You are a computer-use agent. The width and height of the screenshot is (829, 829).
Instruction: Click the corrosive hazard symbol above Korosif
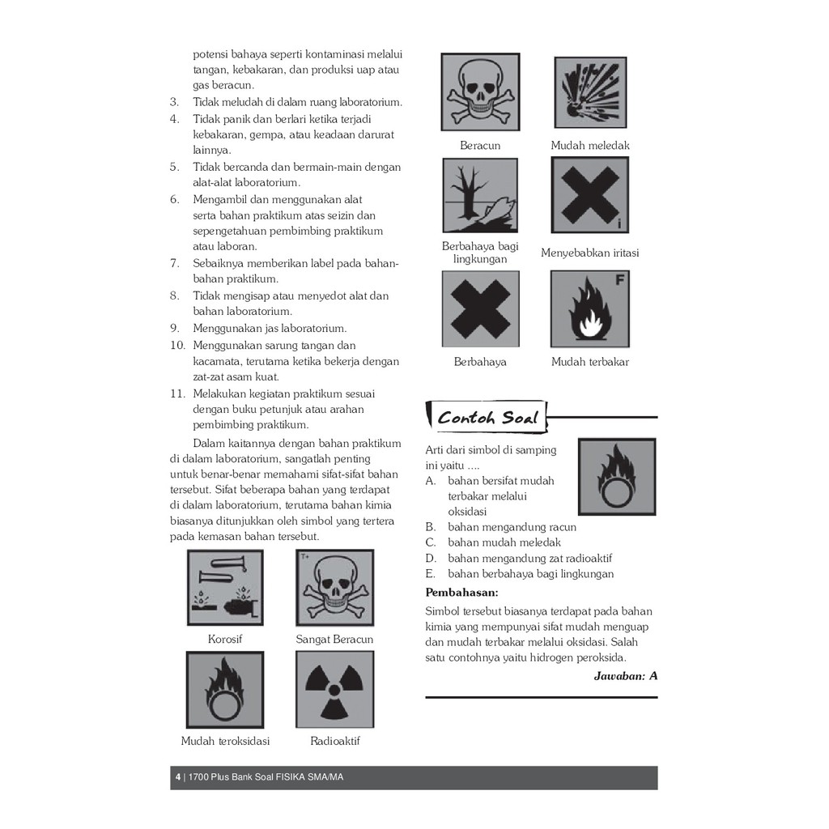pyautogui.click(x=225, y=587)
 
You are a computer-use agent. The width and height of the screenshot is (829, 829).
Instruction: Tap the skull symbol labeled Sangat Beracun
pyautogui.click(x=334, y=587)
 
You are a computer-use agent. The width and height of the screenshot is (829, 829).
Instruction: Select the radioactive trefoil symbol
pyautogui.click(x=334, y=689)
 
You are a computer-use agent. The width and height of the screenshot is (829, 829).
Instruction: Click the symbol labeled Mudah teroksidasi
pyautogui.click(x=225, y=689)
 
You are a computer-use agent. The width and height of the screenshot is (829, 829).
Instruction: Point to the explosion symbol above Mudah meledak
pyautogui.click(x=590, y=91)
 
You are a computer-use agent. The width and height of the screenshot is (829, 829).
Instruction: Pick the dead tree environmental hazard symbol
pyautogui.click(x=480, y=195)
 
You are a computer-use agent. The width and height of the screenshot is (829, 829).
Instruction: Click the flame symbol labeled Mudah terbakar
pyautogui.click(x=590, y=308)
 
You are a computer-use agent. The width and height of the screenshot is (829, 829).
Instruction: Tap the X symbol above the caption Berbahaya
pyautogui.click(x=480, y=308)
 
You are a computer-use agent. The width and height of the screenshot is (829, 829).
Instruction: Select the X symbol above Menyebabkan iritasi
pyautogui.click(x=590, y=195)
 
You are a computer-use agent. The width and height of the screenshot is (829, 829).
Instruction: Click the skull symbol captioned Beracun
pyautogui.click(x=480, y=91)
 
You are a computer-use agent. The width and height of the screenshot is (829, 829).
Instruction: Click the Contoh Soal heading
pyautogui.click(x=487, y=418)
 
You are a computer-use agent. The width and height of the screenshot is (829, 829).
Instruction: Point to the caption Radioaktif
pyautogui.click(x=334, y=741)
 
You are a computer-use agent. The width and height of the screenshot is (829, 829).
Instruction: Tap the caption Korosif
pyautogui.click(x=225, y=639)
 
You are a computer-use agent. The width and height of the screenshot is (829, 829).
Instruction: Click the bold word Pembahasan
pyautogui.click(x=461, y=592)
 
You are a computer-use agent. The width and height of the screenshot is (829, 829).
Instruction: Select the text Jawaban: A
pyautogui.click(x=625, y=675)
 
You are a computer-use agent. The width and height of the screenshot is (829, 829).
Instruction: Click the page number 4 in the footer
pyautogui.click(x=177, y=777)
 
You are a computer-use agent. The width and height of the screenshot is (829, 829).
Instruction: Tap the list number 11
pyautogui.click(x=178, y=393)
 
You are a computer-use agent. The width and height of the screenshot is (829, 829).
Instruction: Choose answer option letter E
pyautogui.click(x=431, y=574)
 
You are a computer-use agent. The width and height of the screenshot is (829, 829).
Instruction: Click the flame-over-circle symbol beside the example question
pyautogui.click(x=617, y=477)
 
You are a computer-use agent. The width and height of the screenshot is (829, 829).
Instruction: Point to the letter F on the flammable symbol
pyautogui.click(x=619, y=281)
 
